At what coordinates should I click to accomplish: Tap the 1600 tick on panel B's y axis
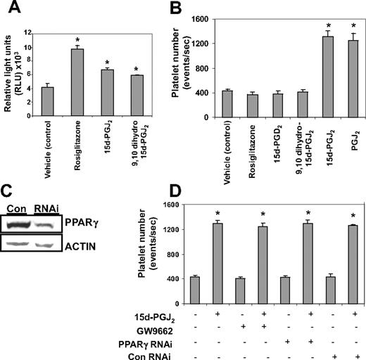click(234, 18)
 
